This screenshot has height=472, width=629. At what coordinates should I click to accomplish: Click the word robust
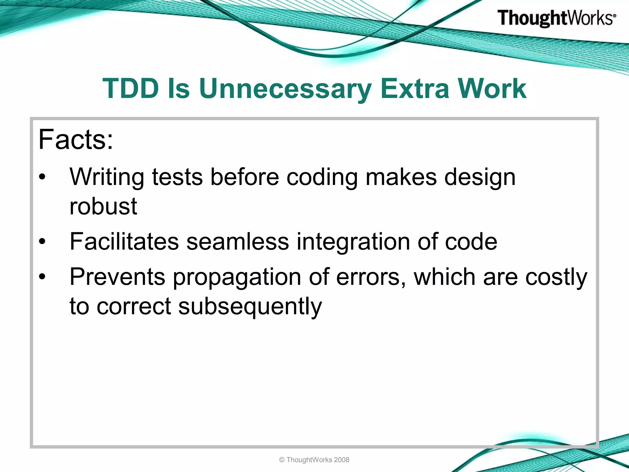[x=103, y=206]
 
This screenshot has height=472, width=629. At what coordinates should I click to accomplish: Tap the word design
[x=480, y=177]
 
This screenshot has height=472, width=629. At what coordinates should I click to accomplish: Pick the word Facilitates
[x=124, y=242]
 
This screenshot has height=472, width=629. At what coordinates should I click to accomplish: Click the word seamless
[x=238, y=242]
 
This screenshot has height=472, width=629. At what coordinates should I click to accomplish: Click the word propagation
[x=237, y=277]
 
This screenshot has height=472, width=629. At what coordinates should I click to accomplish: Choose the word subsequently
[x=250, y=306]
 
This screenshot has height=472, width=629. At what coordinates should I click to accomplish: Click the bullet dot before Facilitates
[x=42, y=242]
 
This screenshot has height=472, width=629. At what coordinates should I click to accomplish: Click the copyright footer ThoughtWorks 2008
[x=314, y=460]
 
